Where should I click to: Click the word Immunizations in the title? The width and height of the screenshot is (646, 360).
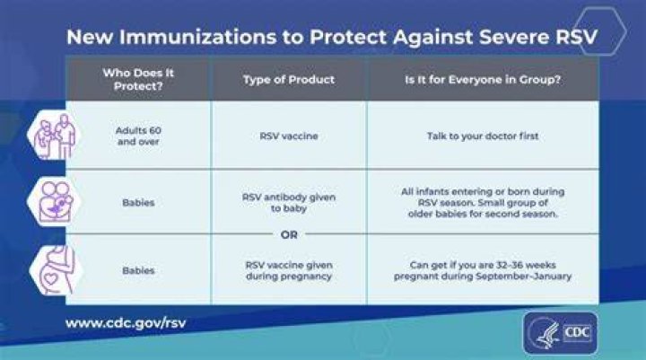(197, 37)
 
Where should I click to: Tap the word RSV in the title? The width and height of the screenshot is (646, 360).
(576, 37)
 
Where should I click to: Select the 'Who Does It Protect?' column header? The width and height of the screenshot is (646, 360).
(138, 79)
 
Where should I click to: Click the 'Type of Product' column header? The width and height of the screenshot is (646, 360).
(288, 80)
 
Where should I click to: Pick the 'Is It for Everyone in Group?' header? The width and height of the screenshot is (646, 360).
(483, 80)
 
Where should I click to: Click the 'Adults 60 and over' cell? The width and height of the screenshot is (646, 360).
(138, 136)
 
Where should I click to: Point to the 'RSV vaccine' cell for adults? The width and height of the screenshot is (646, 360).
(288, 136)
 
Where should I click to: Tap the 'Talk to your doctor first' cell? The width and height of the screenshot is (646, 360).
(483, 136)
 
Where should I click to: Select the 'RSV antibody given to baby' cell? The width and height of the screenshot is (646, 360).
(288, 203)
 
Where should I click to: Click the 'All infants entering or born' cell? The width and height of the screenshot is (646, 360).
(483, 203)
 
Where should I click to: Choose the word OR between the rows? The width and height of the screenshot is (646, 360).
(289, 234)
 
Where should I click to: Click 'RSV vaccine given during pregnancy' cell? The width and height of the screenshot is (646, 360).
(288, 270)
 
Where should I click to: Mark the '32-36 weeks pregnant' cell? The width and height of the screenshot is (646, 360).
(483, 270)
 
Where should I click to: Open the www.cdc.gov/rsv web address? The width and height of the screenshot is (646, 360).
(126, 322)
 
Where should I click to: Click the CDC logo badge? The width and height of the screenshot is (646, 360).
(560, 333)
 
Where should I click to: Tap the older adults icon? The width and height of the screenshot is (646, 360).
(54, 136)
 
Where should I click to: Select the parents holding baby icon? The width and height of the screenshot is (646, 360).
(54, 202)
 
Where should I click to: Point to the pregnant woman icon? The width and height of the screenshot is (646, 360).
(56, 270)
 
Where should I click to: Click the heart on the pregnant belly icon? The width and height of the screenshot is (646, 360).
(50, 279)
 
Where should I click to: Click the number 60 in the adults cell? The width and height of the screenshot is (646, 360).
(155, 130)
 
